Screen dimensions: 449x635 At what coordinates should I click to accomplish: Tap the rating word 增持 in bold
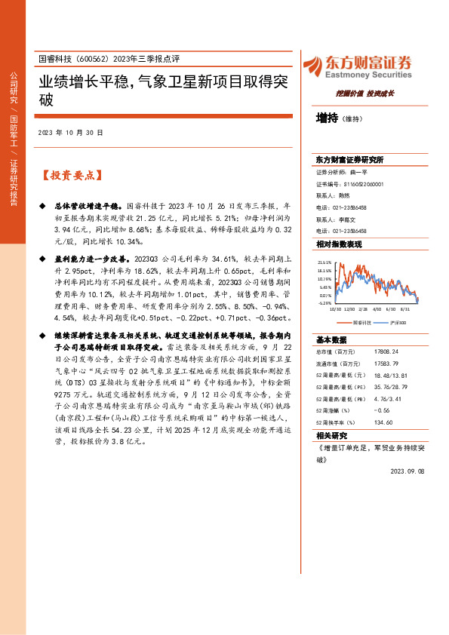pyautogui.click(x=327, y=118)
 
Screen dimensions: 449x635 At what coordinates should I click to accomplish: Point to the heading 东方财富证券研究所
pyautogui.click(x=349, y=160)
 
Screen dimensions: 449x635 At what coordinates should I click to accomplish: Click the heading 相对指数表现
pyautogui.click(x=339, y=244)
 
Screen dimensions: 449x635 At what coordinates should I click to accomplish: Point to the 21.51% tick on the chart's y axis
pyautogui.click(x=325, y=262)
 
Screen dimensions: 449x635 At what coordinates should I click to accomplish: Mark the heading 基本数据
pyautogui.click(x=331, y=339)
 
